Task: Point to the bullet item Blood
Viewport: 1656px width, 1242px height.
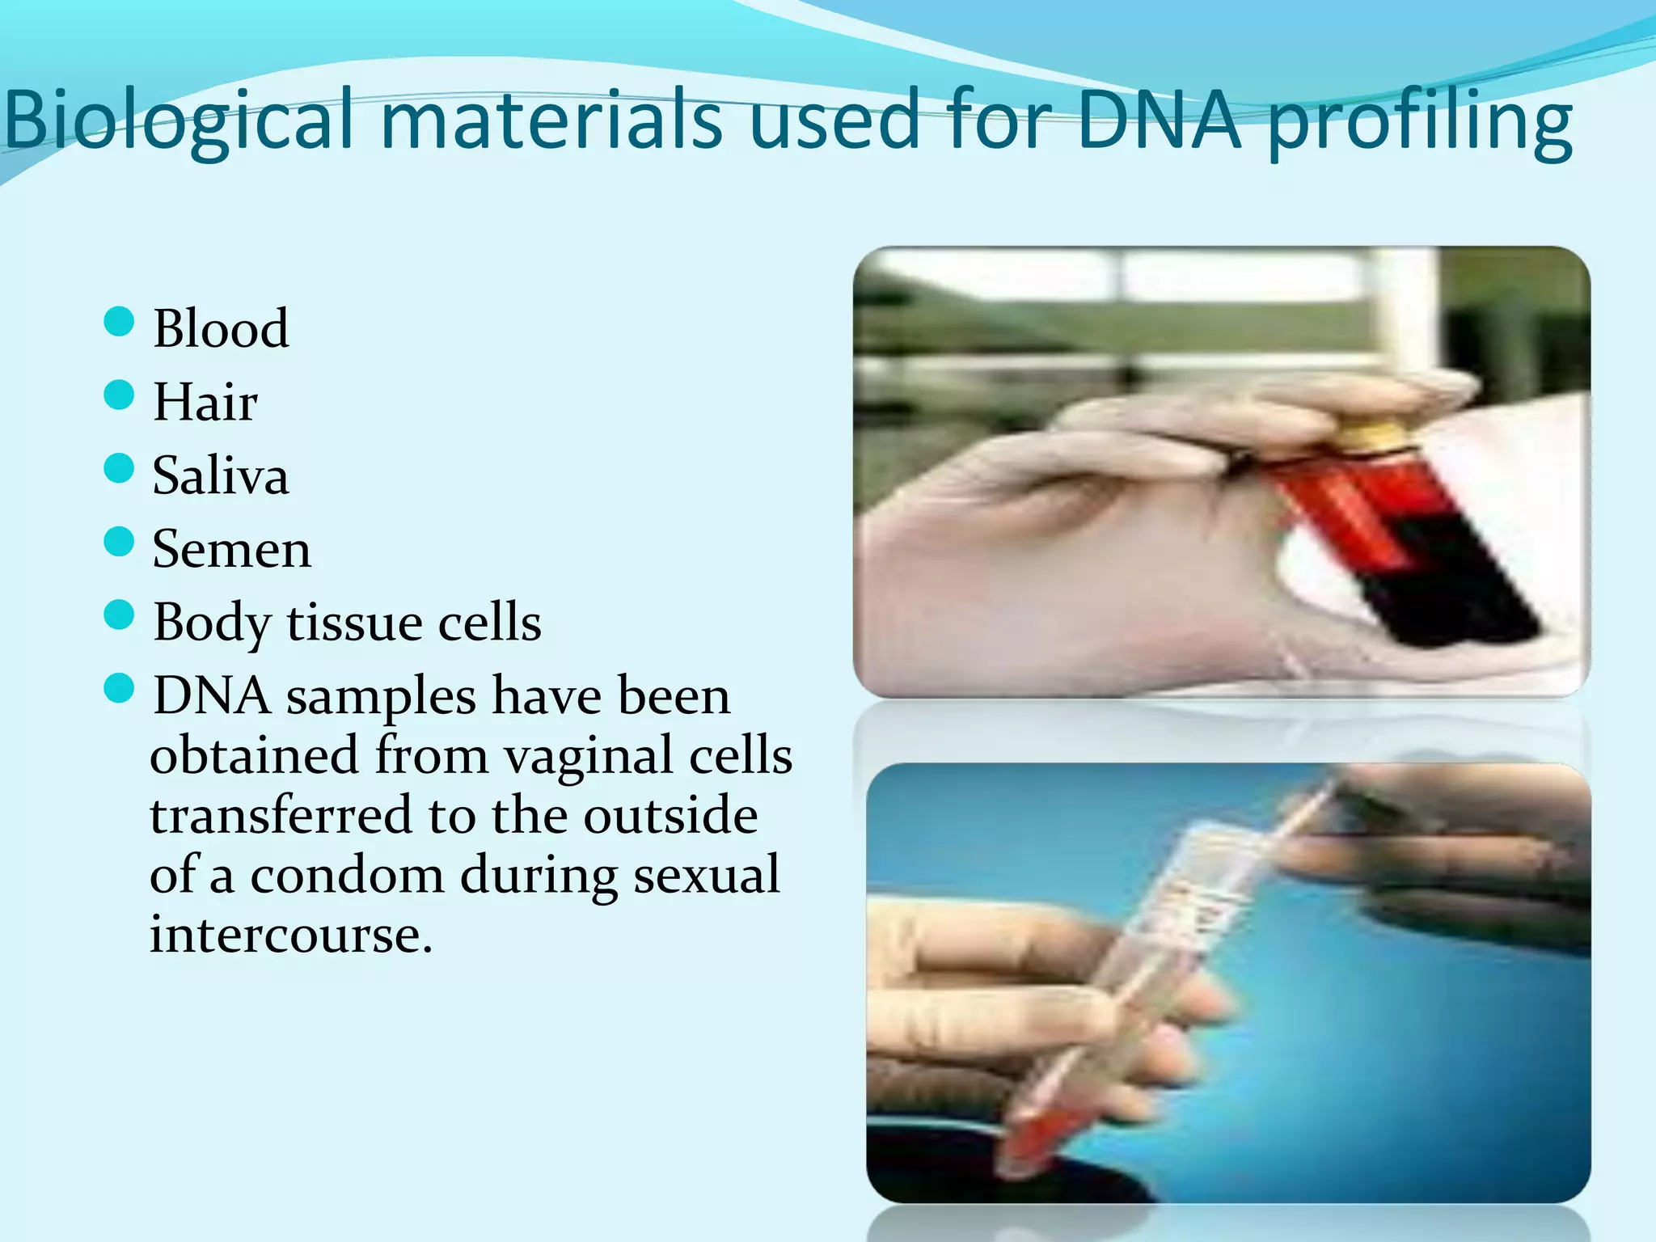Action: coord(221,328)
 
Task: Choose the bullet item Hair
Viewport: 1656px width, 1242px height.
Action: coord(205,402)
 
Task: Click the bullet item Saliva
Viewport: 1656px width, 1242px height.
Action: coord(220,475)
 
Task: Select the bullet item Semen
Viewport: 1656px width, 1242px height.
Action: coord(231,549)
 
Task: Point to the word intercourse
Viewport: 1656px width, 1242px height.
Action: coord(290,936)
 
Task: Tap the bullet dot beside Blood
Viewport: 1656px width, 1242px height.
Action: coord(119,322)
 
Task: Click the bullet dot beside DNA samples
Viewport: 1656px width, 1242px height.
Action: coord(119,689)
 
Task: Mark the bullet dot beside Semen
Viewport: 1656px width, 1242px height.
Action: coord(119,542)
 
